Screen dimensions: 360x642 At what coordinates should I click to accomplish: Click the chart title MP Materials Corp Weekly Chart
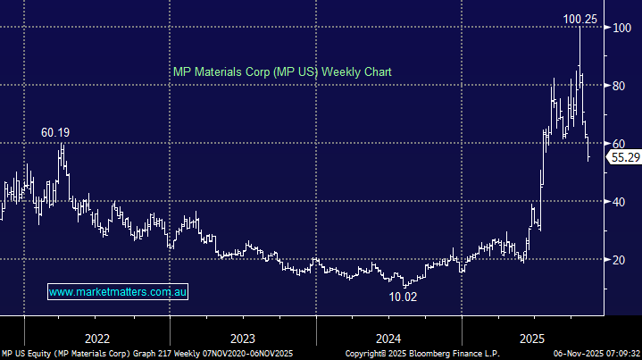click(x=281, y=71)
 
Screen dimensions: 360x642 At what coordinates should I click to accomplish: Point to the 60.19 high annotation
click(x=55, y=132)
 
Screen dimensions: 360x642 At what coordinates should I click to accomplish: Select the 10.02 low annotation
click(x=404, y=297)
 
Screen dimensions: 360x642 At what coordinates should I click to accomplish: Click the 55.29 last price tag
click(x=622, y=157)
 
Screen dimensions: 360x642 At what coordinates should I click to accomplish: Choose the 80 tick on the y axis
click(x=617, y=86)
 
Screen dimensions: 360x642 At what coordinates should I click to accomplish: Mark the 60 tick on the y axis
click(x=617, y=143)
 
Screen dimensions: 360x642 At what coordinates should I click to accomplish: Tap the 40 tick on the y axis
click(x=617, y=201)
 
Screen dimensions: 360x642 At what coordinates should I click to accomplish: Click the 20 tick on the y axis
click(x=617, y=259)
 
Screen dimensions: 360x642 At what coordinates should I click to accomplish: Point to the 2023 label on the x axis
click(x=243, y=339)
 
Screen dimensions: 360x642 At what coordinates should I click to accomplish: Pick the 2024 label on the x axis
click(x=388, y=339)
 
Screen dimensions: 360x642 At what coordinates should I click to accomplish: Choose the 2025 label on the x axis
click(x=534, y=339)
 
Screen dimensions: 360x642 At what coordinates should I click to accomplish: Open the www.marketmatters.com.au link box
click(x=118, y=292)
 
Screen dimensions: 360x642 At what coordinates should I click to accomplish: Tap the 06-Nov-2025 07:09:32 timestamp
click(x=593, y=354)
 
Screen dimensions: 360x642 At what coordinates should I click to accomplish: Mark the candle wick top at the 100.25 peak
click(x=580, y=29)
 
